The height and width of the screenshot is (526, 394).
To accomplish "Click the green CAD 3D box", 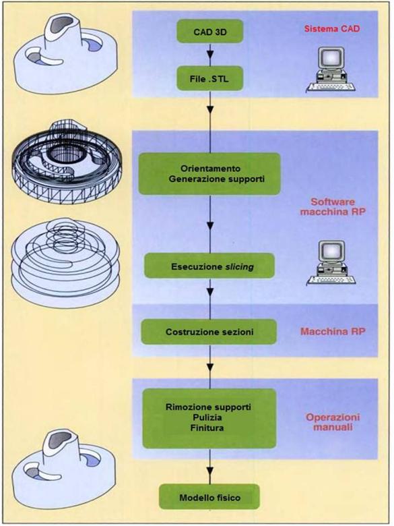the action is (209, 31).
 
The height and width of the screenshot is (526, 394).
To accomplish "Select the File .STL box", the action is (209, 79).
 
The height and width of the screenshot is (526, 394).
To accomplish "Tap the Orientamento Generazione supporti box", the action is (209, 174).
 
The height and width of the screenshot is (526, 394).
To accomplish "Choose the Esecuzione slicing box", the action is (209, 266).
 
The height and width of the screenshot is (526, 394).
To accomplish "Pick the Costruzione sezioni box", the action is (209, 332).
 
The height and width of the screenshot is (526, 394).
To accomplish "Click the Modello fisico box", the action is (209, 497).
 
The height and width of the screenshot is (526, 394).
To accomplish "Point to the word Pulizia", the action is (207, 417).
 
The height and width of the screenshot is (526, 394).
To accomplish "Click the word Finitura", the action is (207, 428).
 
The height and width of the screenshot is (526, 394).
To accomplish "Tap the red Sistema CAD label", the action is (331, 28).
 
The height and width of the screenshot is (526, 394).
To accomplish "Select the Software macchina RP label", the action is (333, 206).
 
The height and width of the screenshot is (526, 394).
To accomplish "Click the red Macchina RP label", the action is (333, 331).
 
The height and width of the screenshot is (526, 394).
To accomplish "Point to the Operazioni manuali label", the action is (333, 422).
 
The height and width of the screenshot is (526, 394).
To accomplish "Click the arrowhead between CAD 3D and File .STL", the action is (210, 55).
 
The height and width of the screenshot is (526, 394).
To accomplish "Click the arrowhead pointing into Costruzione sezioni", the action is (210, 292).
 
